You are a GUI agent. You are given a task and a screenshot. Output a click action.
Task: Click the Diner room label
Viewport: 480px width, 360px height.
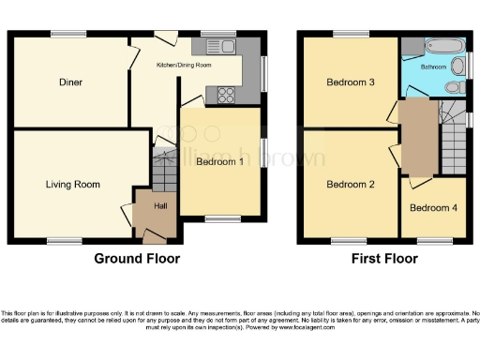(x=70, y=82)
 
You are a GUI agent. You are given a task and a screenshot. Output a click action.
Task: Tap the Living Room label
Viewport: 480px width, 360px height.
(x=73, y=185)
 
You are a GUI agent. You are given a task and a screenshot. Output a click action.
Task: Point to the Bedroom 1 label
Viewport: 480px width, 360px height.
(x=220, y=162)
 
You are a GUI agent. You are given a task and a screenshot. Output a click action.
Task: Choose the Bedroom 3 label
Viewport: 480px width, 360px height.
(x=351, y=82)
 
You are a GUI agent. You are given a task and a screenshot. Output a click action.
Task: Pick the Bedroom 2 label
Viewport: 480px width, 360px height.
(x=351, y=185)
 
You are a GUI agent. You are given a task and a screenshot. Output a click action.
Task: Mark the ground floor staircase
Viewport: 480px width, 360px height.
(x=165, y=170)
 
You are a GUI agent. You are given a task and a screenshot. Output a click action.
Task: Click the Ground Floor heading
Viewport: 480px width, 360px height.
(x=137, y=259)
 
